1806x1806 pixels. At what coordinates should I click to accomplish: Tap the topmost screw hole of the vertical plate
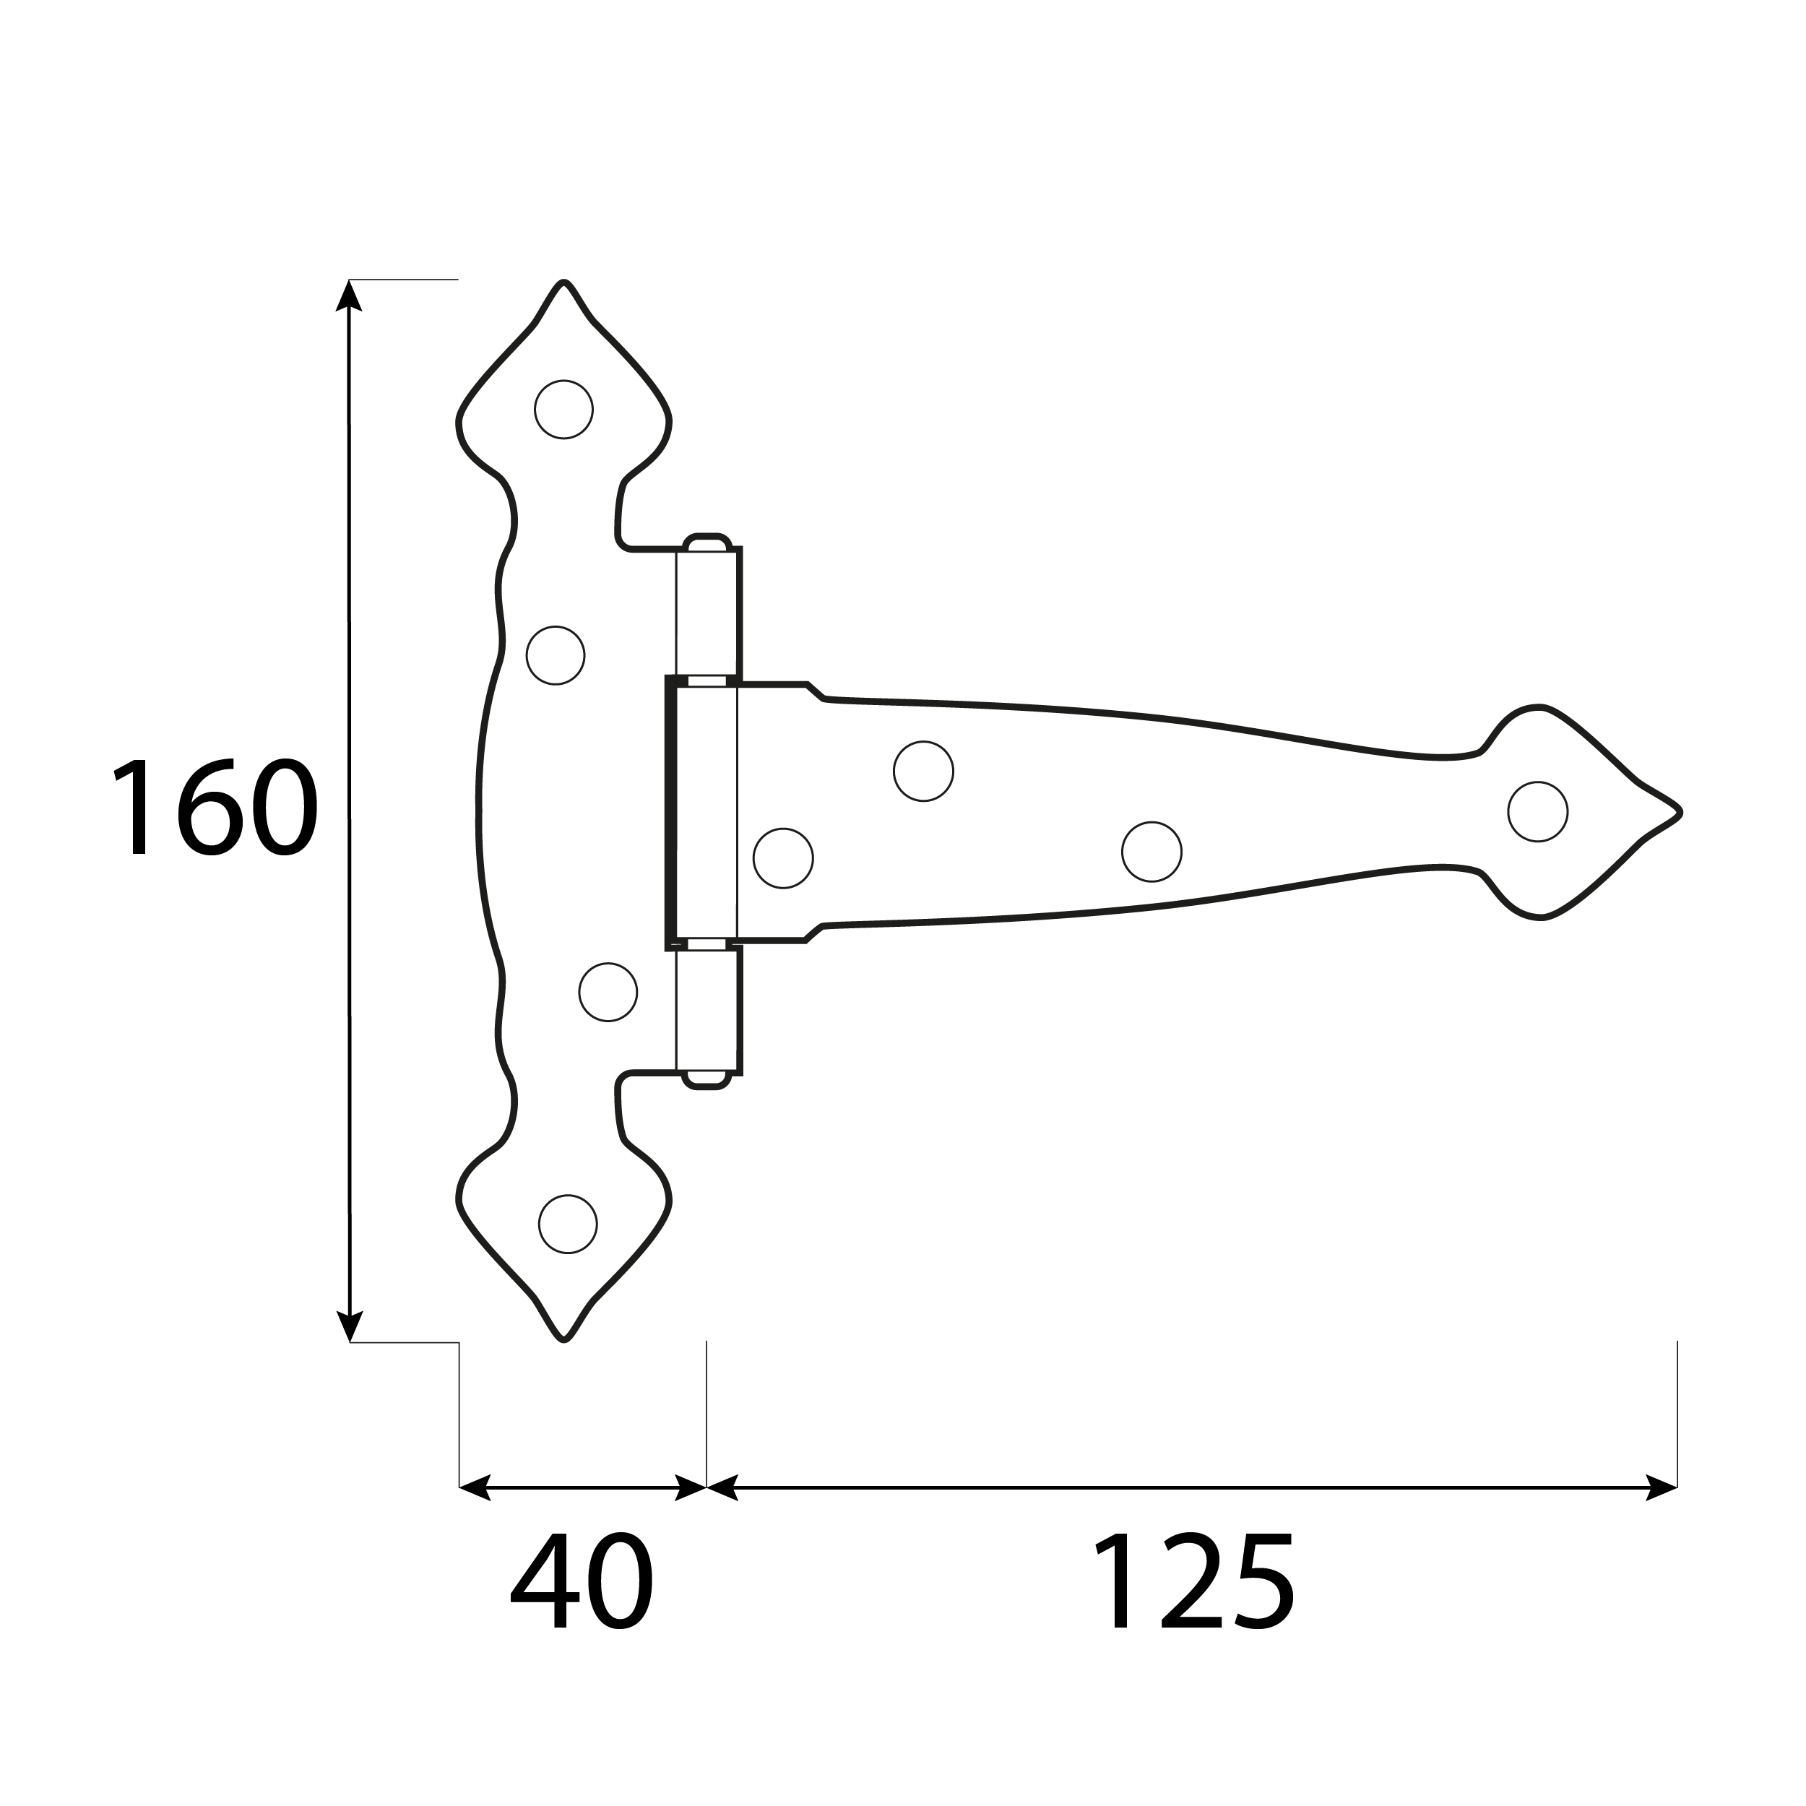563,410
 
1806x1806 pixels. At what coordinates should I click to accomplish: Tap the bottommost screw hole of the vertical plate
567,1224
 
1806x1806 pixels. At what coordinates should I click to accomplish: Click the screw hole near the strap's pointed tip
1538,811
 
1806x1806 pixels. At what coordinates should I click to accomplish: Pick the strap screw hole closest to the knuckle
783,858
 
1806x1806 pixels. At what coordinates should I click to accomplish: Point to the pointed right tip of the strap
1679,812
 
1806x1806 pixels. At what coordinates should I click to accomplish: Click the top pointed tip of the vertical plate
563,283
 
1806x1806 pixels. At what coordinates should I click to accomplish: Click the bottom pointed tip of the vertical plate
563,1339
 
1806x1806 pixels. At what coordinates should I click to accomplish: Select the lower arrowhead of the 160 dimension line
349,1326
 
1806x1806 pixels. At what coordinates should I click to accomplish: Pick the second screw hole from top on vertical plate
556,655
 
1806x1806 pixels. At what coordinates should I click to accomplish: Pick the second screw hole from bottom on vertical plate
608,992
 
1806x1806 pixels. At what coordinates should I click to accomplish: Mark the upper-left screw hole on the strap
923,772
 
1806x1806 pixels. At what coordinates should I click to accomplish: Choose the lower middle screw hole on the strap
1152,852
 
